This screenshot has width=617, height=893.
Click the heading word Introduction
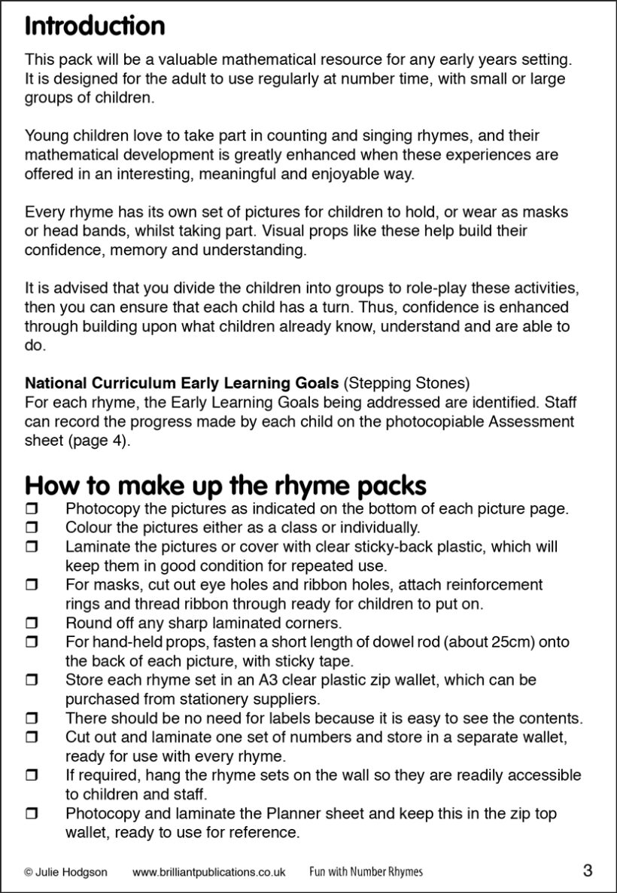(94, 26)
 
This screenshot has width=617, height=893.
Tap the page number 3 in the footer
(587, 871)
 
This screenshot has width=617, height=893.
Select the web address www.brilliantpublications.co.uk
(208, 873)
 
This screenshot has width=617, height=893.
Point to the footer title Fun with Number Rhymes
(366, 873)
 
